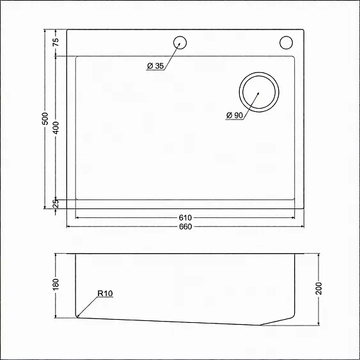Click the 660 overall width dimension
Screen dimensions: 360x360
point(185,226)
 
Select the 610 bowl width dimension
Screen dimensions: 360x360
point(185,217)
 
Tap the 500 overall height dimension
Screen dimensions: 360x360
point(45,119)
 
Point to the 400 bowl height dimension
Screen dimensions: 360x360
point(56,127)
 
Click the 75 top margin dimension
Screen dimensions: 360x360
point(56,42)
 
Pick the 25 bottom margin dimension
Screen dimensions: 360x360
point(56,203)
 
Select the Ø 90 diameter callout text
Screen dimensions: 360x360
point(234,116)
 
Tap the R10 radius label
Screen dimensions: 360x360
point(106,294)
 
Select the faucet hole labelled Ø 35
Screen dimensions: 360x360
point(181,42)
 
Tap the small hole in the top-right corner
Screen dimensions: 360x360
point(285,43)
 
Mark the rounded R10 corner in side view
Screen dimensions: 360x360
point(77,315)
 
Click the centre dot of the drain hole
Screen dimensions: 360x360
point(258,93)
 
